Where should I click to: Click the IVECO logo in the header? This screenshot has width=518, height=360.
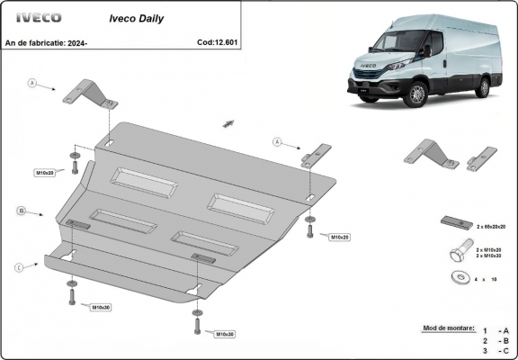(33, 17)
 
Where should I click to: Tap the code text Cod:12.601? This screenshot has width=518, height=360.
(217, 41)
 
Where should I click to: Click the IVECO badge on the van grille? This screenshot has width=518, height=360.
(368, 66)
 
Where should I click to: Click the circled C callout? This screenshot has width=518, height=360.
(19, 266)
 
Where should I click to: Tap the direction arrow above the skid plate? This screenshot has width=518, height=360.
(228, 121)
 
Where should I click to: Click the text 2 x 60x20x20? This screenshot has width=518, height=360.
(491, 229)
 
